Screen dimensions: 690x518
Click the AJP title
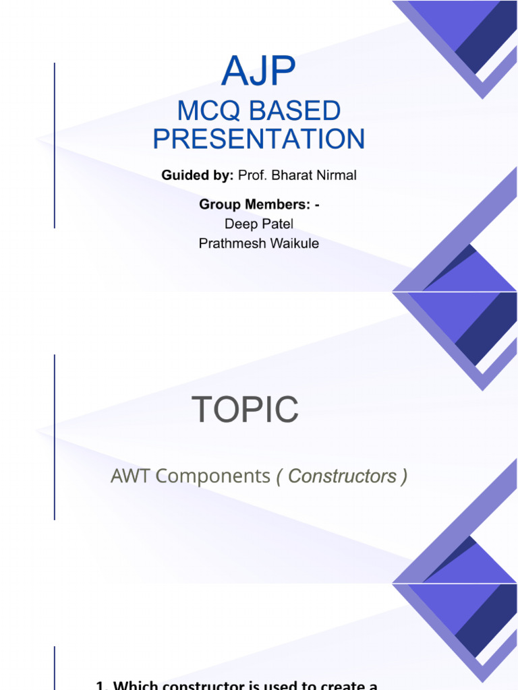tap(259, 71)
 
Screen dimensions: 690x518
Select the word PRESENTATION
tap(259, 139)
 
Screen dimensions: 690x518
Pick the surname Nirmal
tap(336, 176)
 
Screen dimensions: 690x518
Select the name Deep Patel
tap(259, 224)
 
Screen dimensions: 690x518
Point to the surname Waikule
tap(293, 243)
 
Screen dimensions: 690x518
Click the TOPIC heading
tap(245, 410)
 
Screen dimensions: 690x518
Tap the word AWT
tap(131, 476)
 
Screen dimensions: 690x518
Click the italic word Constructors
tap(342, 476)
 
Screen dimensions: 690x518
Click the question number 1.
tap(101, 685)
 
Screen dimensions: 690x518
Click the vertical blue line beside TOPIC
tap(55, 437)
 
